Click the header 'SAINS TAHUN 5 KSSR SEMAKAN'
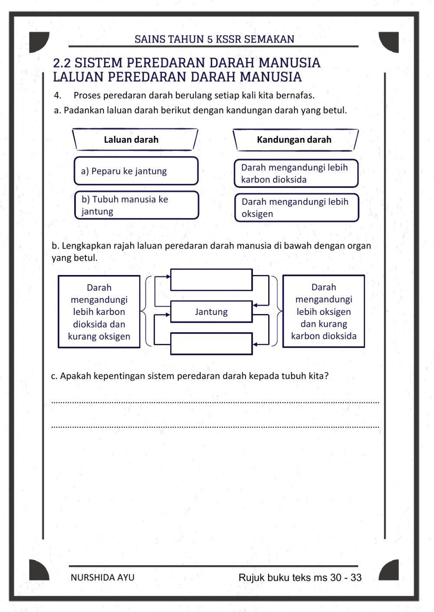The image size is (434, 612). (x=214, y=39)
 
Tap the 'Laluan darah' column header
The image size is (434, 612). (x=131, y=140)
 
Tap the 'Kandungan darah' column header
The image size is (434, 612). (x=294, y=140)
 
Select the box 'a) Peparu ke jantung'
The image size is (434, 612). (x=136, y=171)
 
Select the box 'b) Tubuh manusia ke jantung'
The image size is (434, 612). (x=136, y=205)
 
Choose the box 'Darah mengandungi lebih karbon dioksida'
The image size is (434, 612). (x=296, y=173)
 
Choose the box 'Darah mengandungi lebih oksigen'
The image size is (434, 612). (x=296, y=208)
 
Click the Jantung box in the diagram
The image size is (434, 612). (x=211, y=312)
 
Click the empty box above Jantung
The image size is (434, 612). (x=211, y=280)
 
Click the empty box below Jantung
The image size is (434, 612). (x=211, y=344)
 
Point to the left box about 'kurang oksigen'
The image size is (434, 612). (x=99, y=312)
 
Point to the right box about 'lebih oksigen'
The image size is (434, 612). (x=323, y=311)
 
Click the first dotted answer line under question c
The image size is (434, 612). (x=215, y=402)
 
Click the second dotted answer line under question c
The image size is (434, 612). (x=215, y=427)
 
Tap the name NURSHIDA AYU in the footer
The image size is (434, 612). (x=102, y=578)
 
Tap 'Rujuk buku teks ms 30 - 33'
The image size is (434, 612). (x=300, y=578)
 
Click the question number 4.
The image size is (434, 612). (x=57, y=95)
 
